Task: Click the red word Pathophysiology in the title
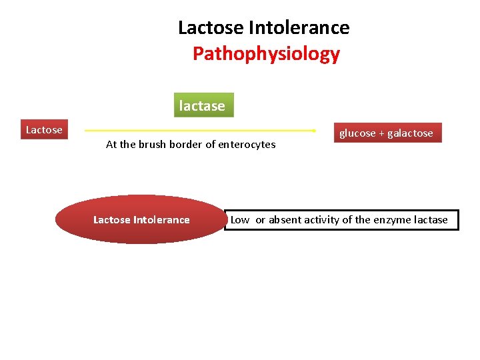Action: pyautogui.click(x=266, y=54)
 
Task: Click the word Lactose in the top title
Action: pyautogui.click(x=211, y=28)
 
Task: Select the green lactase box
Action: pyautogui.click(x=203, y=105)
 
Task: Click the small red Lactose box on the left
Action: pyautogui.click(x=44, y=130)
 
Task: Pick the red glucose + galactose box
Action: pyautogui.click(x=386, y=133)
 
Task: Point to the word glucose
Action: pyautogui.click(x=357, y=133)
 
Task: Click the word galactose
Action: pyautogui.click(x=410, y=133)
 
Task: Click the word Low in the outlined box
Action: pyautogui.click(x=240, y=220)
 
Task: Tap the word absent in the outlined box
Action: pyautogui.click(x=285, y=220)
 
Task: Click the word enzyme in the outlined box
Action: pyautogui.click(x=393, y=220)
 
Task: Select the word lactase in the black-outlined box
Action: pyautogui.click(x=431, y=220)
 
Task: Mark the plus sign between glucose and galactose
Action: pyautogui.click(x=381, y=133)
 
